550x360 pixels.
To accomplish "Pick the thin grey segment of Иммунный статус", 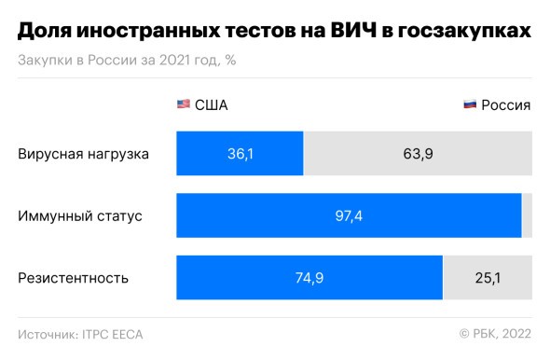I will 527,215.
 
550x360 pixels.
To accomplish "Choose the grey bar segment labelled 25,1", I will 487,278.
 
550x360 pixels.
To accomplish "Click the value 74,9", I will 309,278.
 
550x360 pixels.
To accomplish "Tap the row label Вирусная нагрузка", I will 83,153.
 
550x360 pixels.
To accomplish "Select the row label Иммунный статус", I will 79,215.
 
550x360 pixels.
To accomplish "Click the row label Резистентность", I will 73,278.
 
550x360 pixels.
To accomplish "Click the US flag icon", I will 184,104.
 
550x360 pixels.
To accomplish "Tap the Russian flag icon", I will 471,104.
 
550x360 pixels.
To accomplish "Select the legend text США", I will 211,104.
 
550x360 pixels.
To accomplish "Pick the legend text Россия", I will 506,104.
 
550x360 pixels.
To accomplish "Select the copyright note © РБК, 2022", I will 495,334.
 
